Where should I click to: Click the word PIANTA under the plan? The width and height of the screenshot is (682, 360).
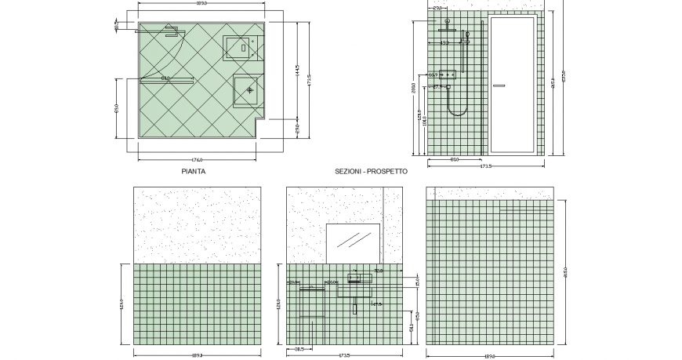click(x=194, y=171)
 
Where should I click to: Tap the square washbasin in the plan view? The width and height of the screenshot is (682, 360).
click(x=249, y=90)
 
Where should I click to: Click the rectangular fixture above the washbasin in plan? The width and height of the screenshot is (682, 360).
click(x=241, y=48)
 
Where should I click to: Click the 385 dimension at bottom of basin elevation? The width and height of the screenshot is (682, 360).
click(x=299, y=350)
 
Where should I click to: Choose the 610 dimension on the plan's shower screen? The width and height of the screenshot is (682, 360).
click(x=165, y=78)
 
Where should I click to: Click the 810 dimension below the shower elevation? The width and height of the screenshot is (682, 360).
click(x=455, y=160)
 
